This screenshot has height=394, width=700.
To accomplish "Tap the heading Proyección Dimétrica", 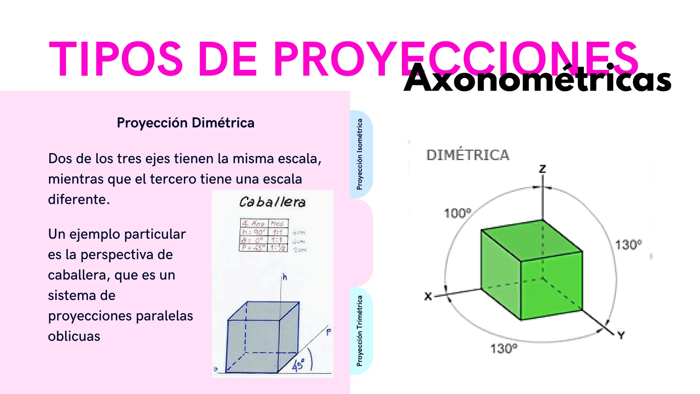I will click(186, 123).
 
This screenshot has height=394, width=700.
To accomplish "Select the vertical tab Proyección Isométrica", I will click(360, 154).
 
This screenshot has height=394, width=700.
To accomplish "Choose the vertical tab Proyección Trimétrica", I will click(360, 331).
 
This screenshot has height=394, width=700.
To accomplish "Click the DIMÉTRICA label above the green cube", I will click(468, 155).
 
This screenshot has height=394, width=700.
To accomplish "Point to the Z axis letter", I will click(542, 169).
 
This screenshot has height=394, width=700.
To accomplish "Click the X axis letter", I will click(428, 296).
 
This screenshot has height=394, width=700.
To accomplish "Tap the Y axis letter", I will click(621, 336).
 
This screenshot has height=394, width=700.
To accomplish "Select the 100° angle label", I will click(457, 213).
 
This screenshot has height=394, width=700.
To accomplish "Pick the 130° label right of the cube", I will click(628, 245).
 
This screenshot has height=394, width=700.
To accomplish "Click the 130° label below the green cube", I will click(504, 349).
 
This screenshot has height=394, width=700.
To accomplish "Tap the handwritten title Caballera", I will click(272, 202).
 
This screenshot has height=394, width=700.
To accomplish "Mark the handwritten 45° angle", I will click(298, 365).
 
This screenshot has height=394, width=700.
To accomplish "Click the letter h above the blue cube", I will click(285, 277).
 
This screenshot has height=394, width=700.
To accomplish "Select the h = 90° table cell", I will click(253, 232).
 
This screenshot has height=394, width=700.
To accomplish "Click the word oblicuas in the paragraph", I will click(74, 336).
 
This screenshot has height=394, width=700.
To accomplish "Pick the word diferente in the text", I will click(79, 199).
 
